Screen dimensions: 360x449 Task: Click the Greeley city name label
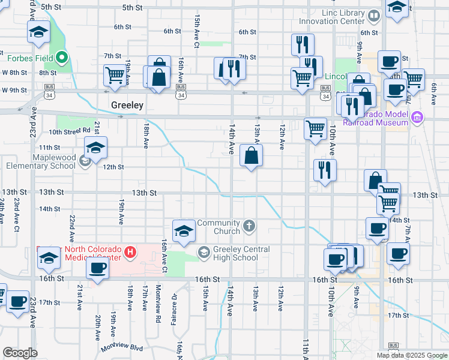coord(127,105)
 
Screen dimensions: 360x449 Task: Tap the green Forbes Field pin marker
coord(62,59)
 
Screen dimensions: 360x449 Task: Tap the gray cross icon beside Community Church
coord(249,227)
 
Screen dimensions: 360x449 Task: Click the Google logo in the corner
coord(20,353)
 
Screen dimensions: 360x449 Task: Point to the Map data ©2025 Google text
coord(411,355)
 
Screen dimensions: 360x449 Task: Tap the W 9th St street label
coord(14,90)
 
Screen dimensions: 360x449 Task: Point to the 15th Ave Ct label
coord(196,31)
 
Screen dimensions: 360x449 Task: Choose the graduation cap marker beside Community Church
coord(184,232)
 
